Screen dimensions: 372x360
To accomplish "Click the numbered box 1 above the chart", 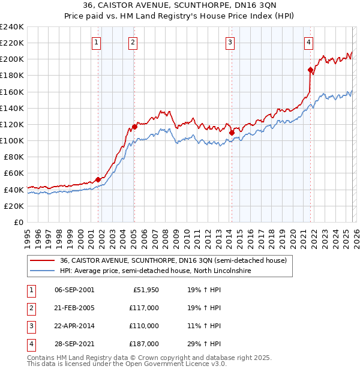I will pos(97,42).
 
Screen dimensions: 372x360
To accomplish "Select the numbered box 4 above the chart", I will pos(308,42).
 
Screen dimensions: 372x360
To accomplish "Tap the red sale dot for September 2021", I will pos(311,70).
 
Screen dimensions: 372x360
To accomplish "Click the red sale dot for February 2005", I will pos(134,127).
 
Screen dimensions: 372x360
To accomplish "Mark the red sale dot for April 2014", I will pos(232,133).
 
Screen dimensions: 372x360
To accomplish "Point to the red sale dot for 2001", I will pos(98,179).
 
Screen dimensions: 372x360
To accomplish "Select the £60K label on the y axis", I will pos(13,173).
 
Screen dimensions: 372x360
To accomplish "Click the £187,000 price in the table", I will pos(144,344).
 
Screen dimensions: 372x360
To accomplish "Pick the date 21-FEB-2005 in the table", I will pos(74,308).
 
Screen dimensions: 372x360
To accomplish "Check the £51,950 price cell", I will pos(146,290).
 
